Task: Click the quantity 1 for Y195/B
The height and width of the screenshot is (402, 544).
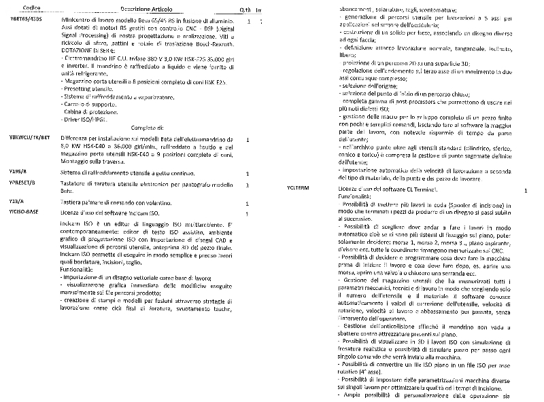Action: [x=246, y=173]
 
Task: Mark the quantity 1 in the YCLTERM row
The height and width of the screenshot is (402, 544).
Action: [x=525, y=192]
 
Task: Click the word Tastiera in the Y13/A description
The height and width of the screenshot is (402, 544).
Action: [x=72, y=202]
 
